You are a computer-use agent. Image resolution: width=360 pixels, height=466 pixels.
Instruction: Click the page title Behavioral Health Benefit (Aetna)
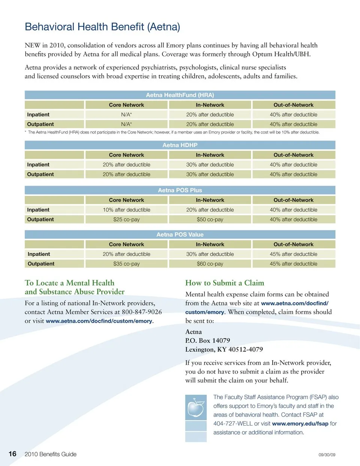102,27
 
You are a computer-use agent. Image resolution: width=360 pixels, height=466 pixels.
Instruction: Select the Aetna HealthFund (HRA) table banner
180,95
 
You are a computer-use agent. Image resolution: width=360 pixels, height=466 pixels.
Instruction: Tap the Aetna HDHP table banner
180,145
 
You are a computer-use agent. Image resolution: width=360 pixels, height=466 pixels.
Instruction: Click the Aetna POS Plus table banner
180,190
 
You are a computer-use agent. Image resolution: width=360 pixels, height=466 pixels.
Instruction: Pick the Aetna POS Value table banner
180,235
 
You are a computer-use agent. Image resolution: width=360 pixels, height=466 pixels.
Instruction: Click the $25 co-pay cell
126,219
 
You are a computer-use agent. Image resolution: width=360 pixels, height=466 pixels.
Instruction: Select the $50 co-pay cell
210,219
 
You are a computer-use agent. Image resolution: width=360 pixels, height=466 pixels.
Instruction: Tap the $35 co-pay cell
126,264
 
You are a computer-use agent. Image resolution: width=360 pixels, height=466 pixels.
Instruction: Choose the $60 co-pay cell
210,264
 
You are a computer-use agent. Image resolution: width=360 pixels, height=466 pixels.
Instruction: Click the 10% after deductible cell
126,210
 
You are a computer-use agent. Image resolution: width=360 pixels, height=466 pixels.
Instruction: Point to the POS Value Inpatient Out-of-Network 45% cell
293,254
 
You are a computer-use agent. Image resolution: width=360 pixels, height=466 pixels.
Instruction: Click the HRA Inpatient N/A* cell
126,114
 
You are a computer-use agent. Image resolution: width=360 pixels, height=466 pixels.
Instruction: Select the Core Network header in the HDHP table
126,155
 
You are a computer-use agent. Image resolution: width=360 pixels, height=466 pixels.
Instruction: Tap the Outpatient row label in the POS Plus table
40,219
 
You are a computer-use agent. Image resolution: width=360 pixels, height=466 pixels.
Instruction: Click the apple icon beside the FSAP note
196,407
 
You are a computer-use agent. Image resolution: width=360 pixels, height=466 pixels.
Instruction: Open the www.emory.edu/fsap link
300,424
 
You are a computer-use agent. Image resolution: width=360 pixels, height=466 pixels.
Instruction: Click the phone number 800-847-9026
142,312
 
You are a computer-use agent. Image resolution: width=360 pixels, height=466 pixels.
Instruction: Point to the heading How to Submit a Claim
225,283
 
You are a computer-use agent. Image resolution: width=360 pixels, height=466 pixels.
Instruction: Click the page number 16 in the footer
13,454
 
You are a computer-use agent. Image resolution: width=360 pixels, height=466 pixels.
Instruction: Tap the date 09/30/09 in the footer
327,455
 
